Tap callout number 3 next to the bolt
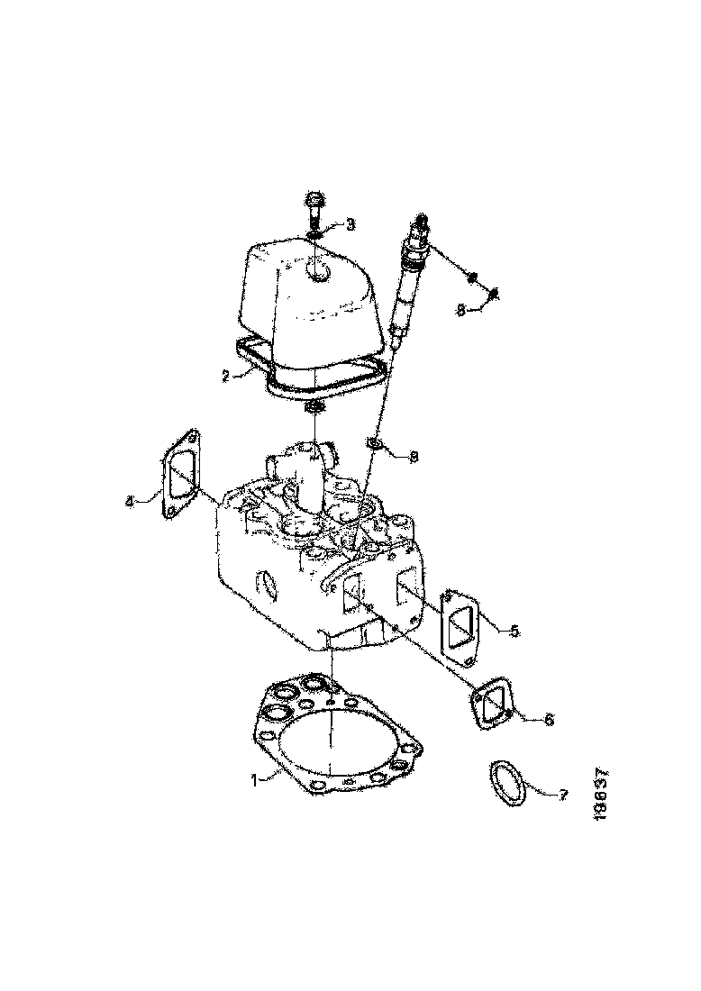[x=350, y=223]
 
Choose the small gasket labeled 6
[x=490, y=704]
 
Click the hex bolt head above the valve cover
[x=315, y=201]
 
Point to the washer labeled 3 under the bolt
[x=314, y=236]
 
